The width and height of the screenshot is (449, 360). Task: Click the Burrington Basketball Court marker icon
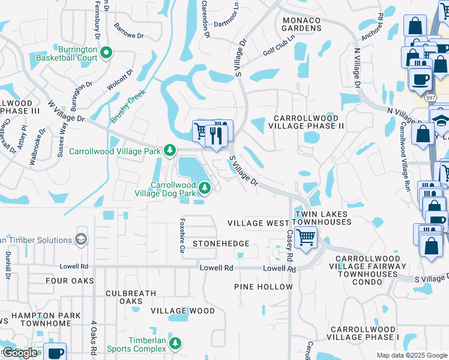106,53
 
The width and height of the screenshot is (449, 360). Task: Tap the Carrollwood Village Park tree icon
170,149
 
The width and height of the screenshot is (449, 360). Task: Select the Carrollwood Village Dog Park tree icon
205,188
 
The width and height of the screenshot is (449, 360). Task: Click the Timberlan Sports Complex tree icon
175,343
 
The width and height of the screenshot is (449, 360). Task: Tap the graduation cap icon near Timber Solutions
80,240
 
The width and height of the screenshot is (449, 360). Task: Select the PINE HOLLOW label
264,287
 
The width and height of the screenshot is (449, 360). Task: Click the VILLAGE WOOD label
182,311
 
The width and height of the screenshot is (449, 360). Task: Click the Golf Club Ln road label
279,46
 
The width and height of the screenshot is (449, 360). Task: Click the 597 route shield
430,97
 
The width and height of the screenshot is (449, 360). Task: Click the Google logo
20,352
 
